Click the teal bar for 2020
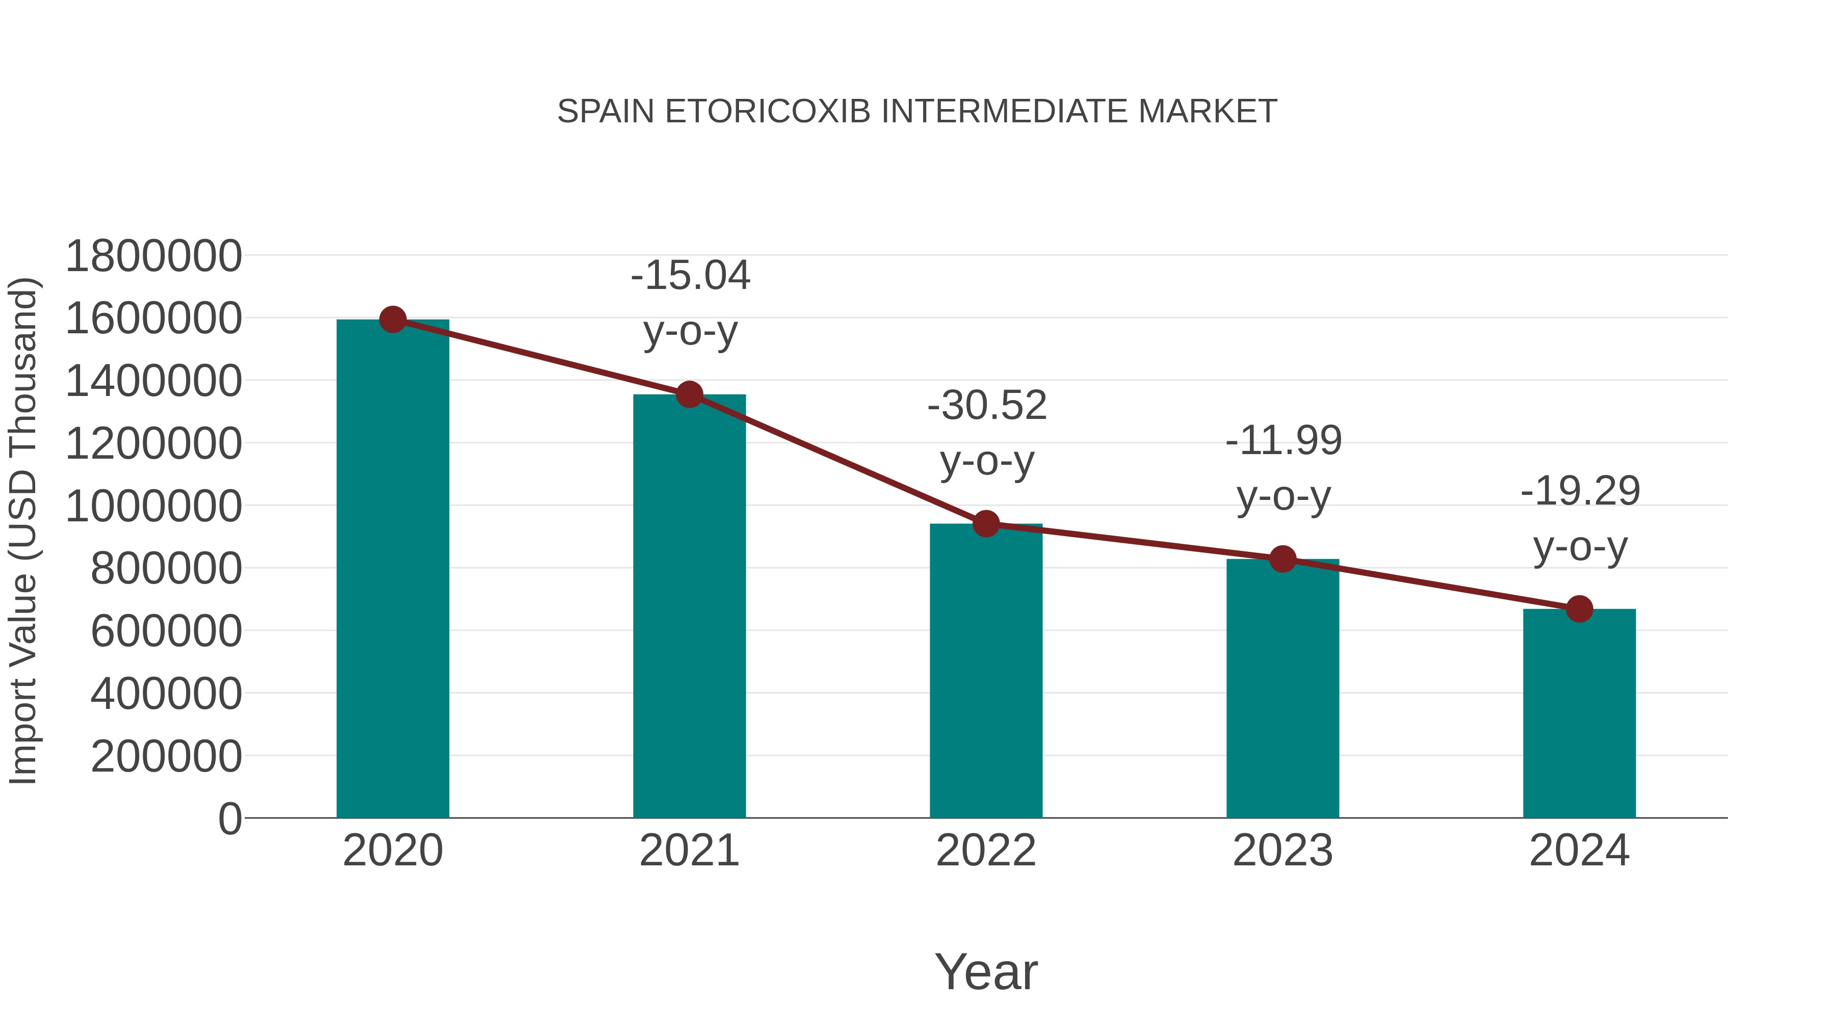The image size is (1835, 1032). point(392,570)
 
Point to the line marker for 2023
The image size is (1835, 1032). point(1282,559)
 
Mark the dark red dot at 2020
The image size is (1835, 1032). point(392,320)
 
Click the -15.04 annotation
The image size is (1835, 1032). point(690,276)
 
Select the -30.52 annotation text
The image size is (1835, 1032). point(987,405)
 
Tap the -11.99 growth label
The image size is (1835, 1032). point(1283,440)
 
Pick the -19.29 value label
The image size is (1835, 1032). point(1580,491)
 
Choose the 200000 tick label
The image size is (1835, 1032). point(166,756)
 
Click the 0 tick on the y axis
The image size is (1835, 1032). point(230,818)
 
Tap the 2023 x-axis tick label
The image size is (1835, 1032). point(1282,851)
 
